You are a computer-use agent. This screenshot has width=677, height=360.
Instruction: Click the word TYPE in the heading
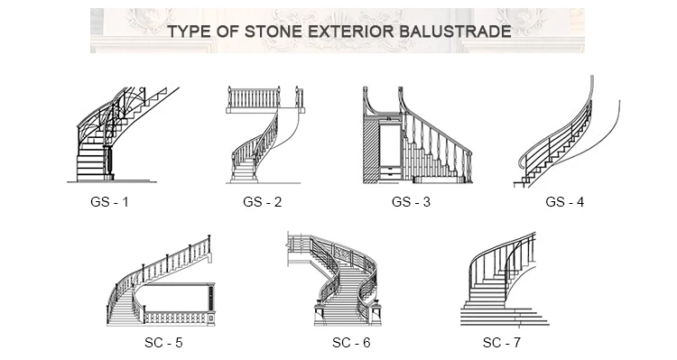[x=192, y=32]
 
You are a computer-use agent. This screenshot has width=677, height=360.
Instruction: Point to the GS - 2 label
[x=263, y=202]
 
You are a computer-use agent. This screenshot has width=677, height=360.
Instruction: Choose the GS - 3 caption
[x=411, y=202]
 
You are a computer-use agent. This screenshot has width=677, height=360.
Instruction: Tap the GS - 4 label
[x=565, y=202]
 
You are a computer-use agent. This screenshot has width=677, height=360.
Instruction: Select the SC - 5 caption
[x=163, y=343]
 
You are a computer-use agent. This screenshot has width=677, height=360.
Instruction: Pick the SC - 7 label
[x=502, y=343]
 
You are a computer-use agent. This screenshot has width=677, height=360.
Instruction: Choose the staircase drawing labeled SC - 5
[x=162, y=284]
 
